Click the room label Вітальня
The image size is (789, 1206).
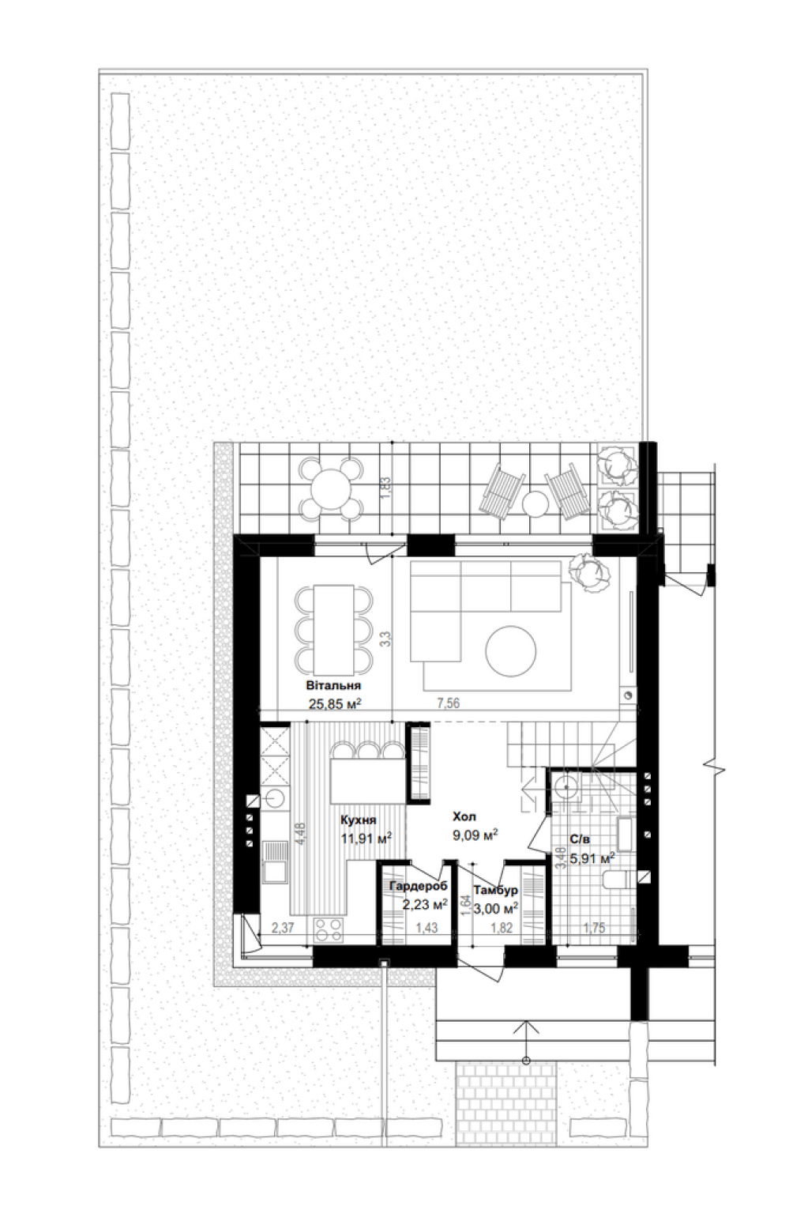pos(333,685)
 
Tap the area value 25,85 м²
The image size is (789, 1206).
pos(335,703)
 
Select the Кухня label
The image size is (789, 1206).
pos(358,820)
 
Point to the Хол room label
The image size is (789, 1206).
pos(464,816)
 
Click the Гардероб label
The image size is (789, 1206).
pos(418,885)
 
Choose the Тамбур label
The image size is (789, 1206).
pos(496,889)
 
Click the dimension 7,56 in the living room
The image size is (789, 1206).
pos(449,703)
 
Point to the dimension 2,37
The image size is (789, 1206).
pos(283,927)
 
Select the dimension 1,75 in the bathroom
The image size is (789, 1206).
pos(594,927)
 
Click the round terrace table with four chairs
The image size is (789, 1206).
pos(330,489)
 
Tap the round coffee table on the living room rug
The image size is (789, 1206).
pos(510,650)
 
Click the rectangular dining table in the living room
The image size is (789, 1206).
pos(333,630)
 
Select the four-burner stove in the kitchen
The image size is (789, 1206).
pos(329,930)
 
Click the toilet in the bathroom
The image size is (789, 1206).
pos(618,880)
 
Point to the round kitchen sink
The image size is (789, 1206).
pos(276,797)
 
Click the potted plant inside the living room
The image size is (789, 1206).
pos(591,574)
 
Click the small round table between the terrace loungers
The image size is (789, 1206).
pos(535,504)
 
